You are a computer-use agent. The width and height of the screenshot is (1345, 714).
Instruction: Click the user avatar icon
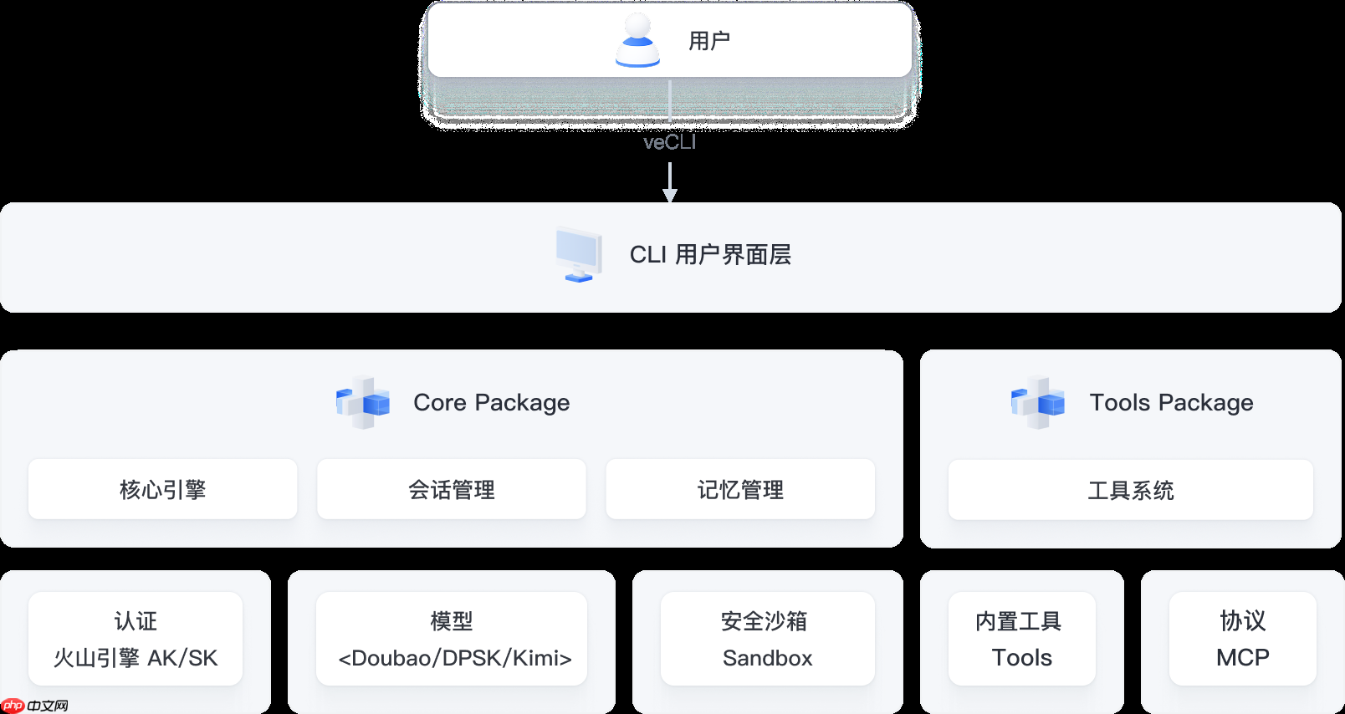pyautogui.click(x=637, y=40)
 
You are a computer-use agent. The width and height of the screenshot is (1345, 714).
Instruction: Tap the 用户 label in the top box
pyautogui.click(x=709, y=41)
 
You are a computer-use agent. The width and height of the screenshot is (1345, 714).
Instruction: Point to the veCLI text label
pyautogui.click(x=669, y=143)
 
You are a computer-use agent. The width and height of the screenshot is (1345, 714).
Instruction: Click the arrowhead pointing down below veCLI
pyautogui.click(x=670, y=195)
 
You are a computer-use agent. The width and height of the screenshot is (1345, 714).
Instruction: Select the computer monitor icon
pyautogui.click(x=579, y=254)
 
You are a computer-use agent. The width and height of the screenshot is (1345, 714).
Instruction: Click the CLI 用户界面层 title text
pyautogui.click(x=710, y=254)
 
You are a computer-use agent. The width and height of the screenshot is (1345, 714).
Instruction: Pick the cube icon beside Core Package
pyautogui.click(x=363, y=403)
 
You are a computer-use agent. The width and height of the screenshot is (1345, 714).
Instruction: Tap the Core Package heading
pyautogui.click(x=491, y=403)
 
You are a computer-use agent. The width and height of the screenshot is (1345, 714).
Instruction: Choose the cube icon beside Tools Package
pyautogui.click(x=1038, y=403)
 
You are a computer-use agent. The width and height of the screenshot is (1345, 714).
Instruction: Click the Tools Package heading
pyautogui.click(x=1171, y=403)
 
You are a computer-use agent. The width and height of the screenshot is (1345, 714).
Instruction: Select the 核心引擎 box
pyautogui.click(x=163, y=489)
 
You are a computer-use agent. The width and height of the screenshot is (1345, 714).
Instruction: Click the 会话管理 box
pyautogui.click(x=452, y=489)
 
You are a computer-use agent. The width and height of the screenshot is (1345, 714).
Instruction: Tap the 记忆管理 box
pyautogui.click(x=740, y=489)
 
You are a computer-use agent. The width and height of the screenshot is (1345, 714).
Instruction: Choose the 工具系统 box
pyautogui.click(x=1131, y=490)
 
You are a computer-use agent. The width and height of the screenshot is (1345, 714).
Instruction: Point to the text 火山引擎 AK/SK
pyautogui.click(x=136, y=658)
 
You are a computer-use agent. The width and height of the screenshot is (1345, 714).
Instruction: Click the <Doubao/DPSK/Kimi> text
pyautogui.click(x=455, y=658)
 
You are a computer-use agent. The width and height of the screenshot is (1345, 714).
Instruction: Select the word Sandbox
pyautogui.click(x=768, y=658)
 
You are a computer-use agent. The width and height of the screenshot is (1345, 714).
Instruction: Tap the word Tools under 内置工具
pyautogui.click(x=1022, y=658)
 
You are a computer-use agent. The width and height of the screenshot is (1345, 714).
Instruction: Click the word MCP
pyautogui.click(x=1243, y=658)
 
